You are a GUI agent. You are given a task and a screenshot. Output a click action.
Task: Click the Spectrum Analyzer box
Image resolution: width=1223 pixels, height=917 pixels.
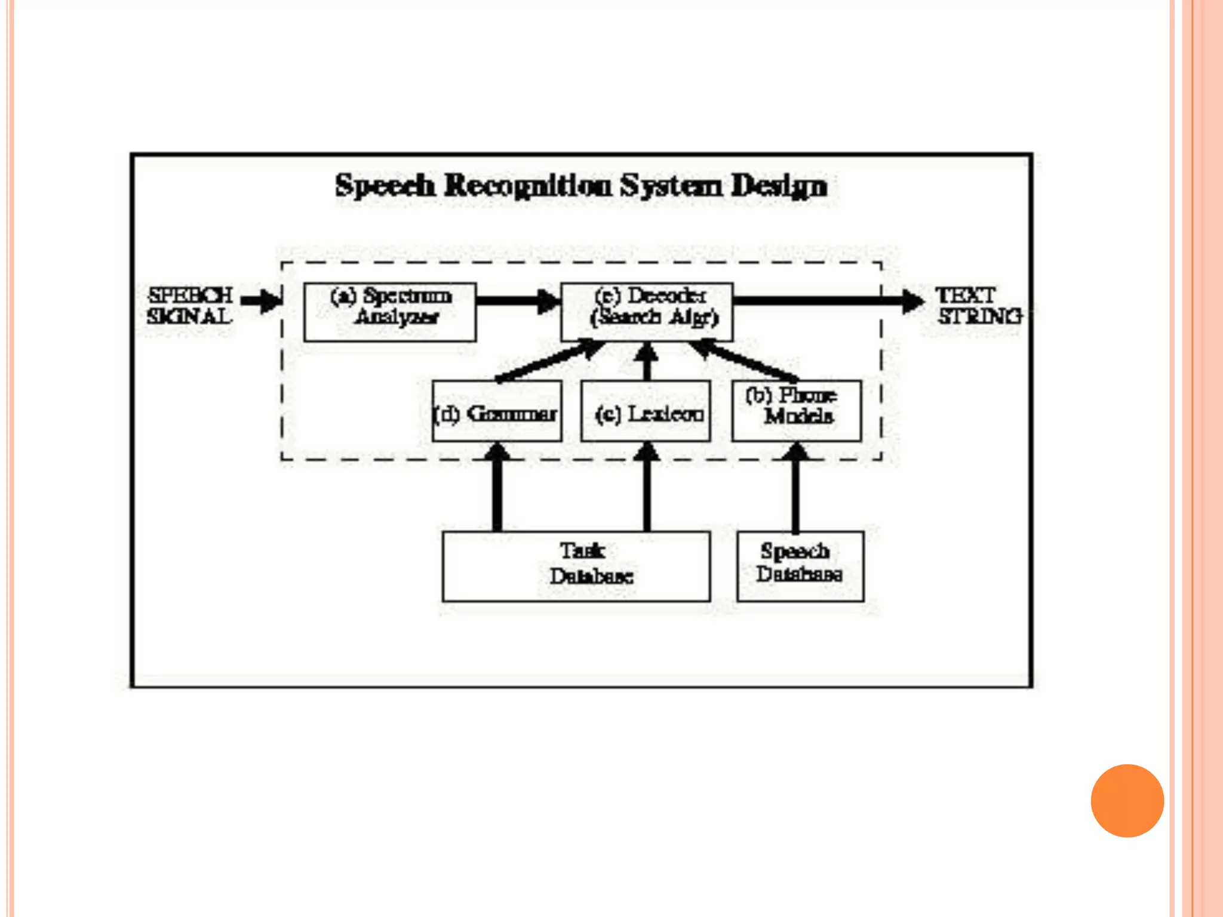(x=390, y=312)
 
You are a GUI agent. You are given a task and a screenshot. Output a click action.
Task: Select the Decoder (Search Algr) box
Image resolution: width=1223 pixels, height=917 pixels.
(x=647, y=312)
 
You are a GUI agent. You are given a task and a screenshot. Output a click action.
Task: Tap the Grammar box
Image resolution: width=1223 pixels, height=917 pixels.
(x=497, y=411)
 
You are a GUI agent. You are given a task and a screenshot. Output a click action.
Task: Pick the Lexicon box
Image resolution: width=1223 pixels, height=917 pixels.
(x=646, y=411)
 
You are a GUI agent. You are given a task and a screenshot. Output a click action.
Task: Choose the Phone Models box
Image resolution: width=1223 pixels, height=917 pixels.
(x=797, y=411)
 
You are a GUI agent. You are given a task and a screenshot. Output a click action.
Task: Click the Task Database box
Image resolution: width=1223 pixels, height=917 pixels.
(x=576, y=566)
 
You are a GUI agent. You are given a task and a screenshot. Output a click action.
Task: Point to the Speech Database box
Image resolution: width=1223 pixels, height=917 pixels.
(x=800, y=566)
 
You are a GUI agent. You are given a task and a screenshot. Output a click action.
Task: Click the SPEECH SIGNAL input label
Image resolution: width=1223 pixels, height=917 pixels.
(x=190, y=306)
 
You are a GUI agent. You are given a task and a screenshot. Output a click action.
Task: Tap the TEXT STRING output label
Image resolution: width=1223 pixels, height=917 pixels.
(x=978, y=306)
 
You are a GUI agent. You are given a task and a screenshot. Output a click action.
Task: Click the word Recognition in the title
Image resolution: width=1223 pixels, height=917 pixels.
(x=528, y=185)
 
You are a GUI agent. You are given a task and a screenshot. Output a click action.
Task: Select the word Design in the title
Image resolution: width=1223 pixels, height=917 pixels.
(x=779, y=186)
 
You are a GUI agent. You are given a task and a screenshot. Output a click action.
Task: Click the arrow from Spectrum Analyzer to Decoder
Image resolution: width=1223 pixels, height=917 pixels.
(x=517, y=300)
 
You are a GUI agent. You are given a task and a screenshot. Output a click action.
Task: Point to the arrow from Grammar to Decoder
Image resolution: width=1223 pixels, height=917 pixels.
(x=549, y=361)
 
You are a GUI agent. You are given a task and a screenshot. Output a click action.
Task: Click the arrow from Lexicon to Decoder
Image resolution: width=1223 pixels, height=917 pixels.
(x=646, y=362)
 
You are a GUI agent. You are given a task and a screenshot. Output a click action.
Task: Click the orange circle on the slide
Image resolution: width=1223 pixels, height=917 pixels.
(x=1127, y=801)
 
